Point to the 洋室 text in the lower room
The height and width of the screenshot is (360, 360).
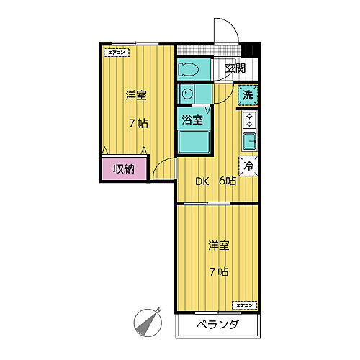(x=220, y=246)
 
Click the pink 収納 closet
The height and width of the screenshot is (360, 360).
(x=124, y=169)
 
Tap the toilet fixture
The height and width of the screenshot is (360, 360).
(x=189, y=69)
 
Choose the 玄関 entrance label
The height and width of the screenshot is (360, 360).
(x=235, y=68)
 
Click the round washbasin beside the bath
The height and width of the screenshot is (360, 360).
(x=186, y=94)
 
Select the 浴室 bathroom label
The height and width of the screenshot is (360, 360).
(x=192, y=120)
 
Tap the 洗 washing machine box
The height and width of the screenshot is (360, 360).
(x=248, y=95)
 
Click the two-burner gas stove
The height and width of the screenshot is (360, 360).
(x=250, y=120)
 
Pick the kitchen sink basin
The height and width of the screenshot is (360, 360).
(x=249, y=140)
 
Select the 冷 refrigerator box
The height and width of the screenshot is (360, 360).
(x=248, y=165)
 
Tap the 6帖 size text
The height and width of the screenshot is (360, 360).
(x=228, y=181)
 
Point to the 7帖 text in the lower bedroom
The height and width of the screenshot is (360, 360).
(x=220, y=272)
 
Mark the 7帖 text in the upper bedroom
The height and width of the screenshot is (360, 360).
(x=139, y=122)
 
